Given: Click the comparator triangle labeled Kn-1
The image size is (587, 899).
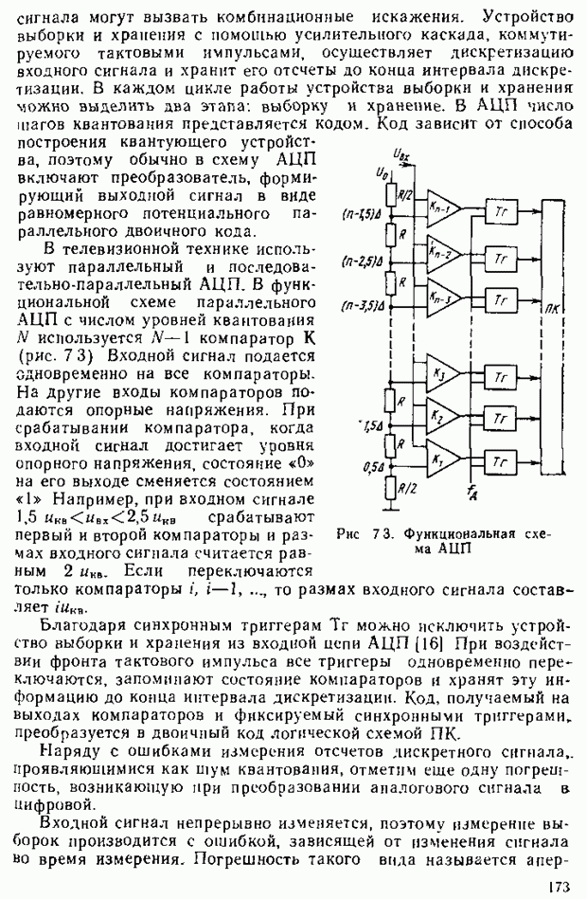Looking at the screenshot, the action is point(441,208).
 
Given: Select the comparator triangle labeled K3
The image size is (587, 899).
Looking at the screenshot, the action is point(441,375).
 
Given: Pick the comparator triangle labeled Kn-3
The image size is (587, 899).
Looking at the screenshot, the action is point(441,297).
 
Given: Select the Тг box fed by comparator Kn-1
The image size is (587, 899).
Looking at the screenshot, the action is point(501,212).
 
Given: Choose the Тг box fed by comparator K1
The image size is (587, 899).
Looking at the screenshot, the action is point(501,460).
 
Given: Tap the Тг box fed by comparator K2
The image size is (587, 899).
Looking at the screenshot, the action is point(501,418).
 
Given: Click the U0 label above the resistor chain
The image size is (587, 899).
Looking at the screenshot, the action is point(379,171).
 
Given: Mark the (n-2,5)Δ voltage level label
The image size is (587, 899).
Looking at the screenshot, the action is point(363,261).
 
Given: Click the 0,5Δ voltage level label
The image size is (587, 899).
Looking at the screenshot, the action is point(373,466).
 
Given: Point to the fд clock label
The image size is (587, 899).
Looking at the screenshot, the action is point(471,491).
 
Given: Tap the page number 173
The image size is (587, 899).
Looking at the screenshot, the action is point(559,887).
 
